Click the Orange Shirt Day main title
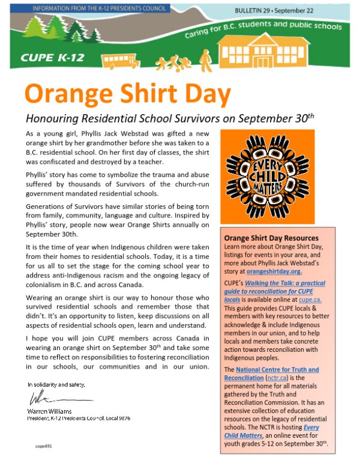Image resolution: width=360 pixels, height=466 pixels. coord(127,94)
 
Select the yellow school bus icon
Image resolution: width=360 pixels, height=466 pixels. coord(119,61)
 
